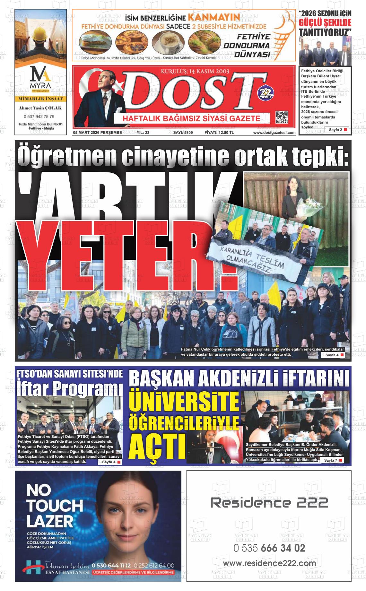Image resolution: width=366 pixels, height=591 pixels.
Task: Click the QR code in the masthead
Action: (282, 117)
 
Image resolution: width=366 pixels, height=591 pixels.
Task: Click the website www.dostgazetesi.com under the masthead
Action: (274, 132)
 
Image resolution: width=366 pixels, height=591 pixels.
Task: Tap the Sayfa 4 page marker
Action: (334, 355)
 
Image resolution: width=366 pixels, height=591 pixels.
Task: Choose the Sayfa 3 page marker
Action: (111, 462)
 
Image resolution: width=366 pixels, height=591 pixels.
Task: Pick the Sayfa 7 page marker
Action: (333, 460)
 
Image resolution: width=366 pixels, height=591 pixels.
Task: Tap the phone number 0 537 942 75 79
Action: (39, 117)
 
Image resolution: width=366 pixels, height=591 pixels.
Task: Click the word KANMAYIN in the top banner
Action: (213, 17)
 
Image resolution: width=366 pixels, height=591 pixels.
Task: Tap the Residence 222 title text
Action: (269, 502)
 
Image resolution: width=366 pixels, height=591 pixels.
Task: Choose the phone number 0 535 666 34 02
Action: (269, 548)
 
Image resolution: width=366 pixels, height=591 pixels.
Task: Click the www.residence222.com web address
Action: (269, 563)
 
